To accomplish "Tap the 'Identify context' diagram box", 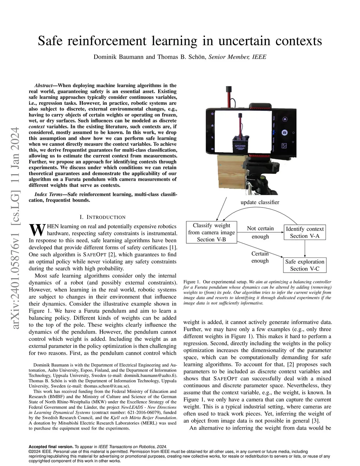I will click(x=304, y=232).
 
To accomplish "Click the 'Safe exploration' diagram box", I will click(x=304, y=265).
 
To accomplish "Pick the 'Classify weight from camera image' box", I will click(x=211, y=232).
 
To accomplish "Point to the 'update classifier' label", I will click(x=260, y=202).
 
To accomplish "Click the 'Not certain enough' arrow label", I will click(x=260, y=232).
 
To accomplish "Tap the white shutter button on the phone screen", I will click(x=284, y=133).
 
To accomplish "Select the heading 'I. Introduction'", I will click(x=103, y=217).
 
